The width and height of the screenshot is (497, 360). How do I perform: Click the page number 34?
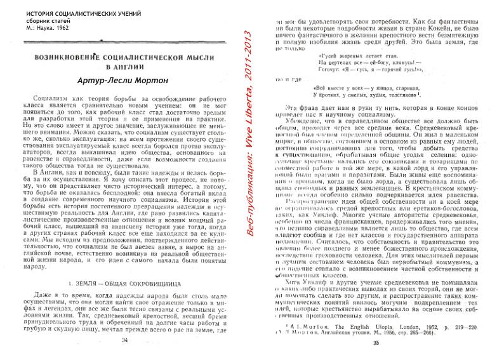click(x=124, y=340)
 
